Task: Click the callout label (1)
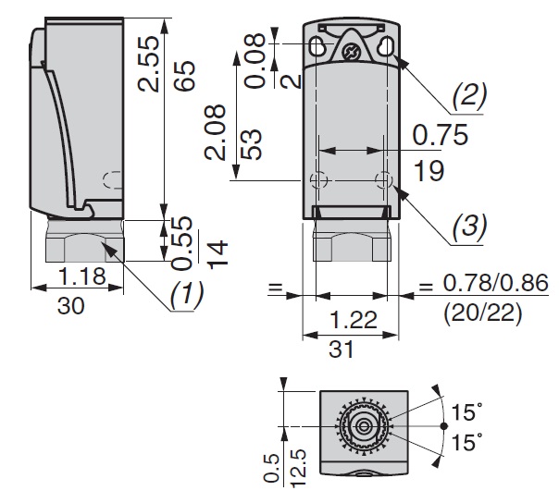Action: (x=187, y=295)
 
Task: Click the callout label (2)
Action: (x=469, y=97)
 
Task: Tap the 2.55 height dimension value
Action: (x=149, y=63)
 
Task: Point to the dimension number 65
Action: (x=185, y=76)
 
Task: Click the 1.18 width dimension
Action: (x=81, y=276)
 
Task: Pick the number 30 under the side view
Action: (x=71, y=306)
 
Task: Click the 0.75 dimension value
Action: (x=441, y=135)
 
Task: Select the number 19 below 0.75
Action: (x=429, y=171)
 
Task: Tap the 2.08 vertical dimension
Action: (x=216, y=132)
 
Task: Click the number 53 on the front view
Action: (x=252, y=144)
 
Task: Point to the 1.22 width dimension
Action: (x=354, y=320)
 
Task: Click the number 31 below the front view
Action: (x=342, y=350)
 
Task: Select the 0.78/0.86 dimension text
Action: (x=495, y=283)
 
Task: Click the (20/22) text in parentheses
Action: (x=483, y=313)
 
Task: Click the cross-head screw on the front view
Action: (x=350, y=53)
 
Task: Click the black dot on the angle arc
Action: (x=443, y=425)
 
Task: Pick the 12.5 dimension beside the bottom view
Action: (x=298, y=468)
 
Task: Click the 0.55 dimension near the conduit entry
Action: (x=181, y=243)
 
